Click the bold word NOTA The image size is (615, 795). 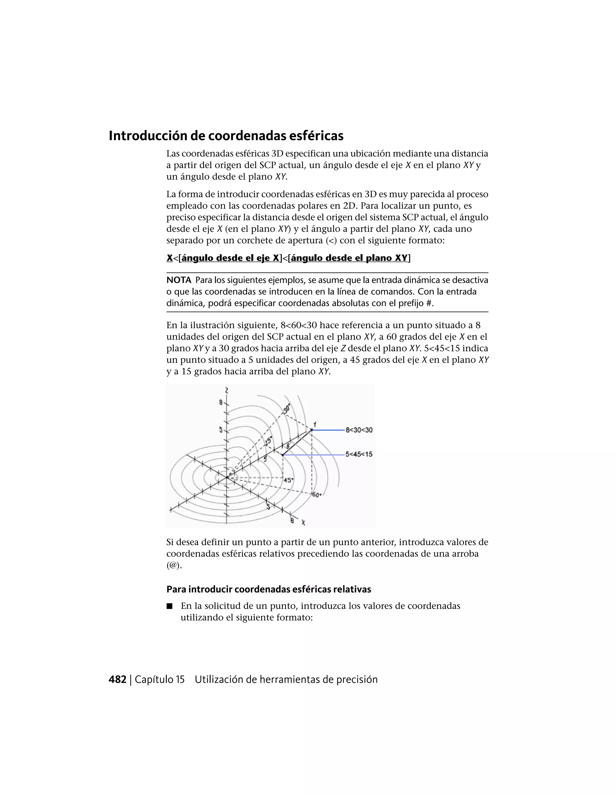179,280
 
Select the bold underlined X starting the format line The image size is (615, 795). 169,258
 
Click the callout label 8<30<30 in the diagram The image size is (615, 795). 359,430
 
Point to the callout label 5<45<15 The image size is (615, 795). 359,454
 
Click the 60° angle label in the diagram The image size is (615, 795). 316,495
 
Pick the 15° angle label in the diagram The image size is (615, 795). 268,442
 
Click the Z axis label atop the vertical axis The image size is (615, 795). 227,391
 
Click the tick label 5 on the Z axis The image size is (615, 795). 220,430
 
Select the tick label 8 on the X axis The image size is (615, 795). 292,521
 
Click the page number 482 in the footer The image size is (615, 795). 117,679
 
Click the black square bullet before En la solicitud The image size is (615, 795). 169,606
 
